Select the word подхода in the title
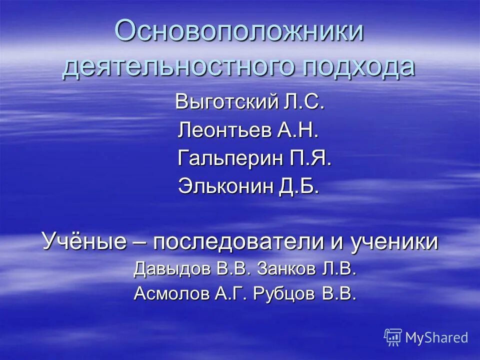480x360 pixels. (358, 66)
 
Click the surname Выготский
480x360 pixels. (226, 103)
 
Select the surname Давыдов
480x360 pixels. (172, 269)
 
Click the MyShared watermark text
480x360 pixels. (436, 337)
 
